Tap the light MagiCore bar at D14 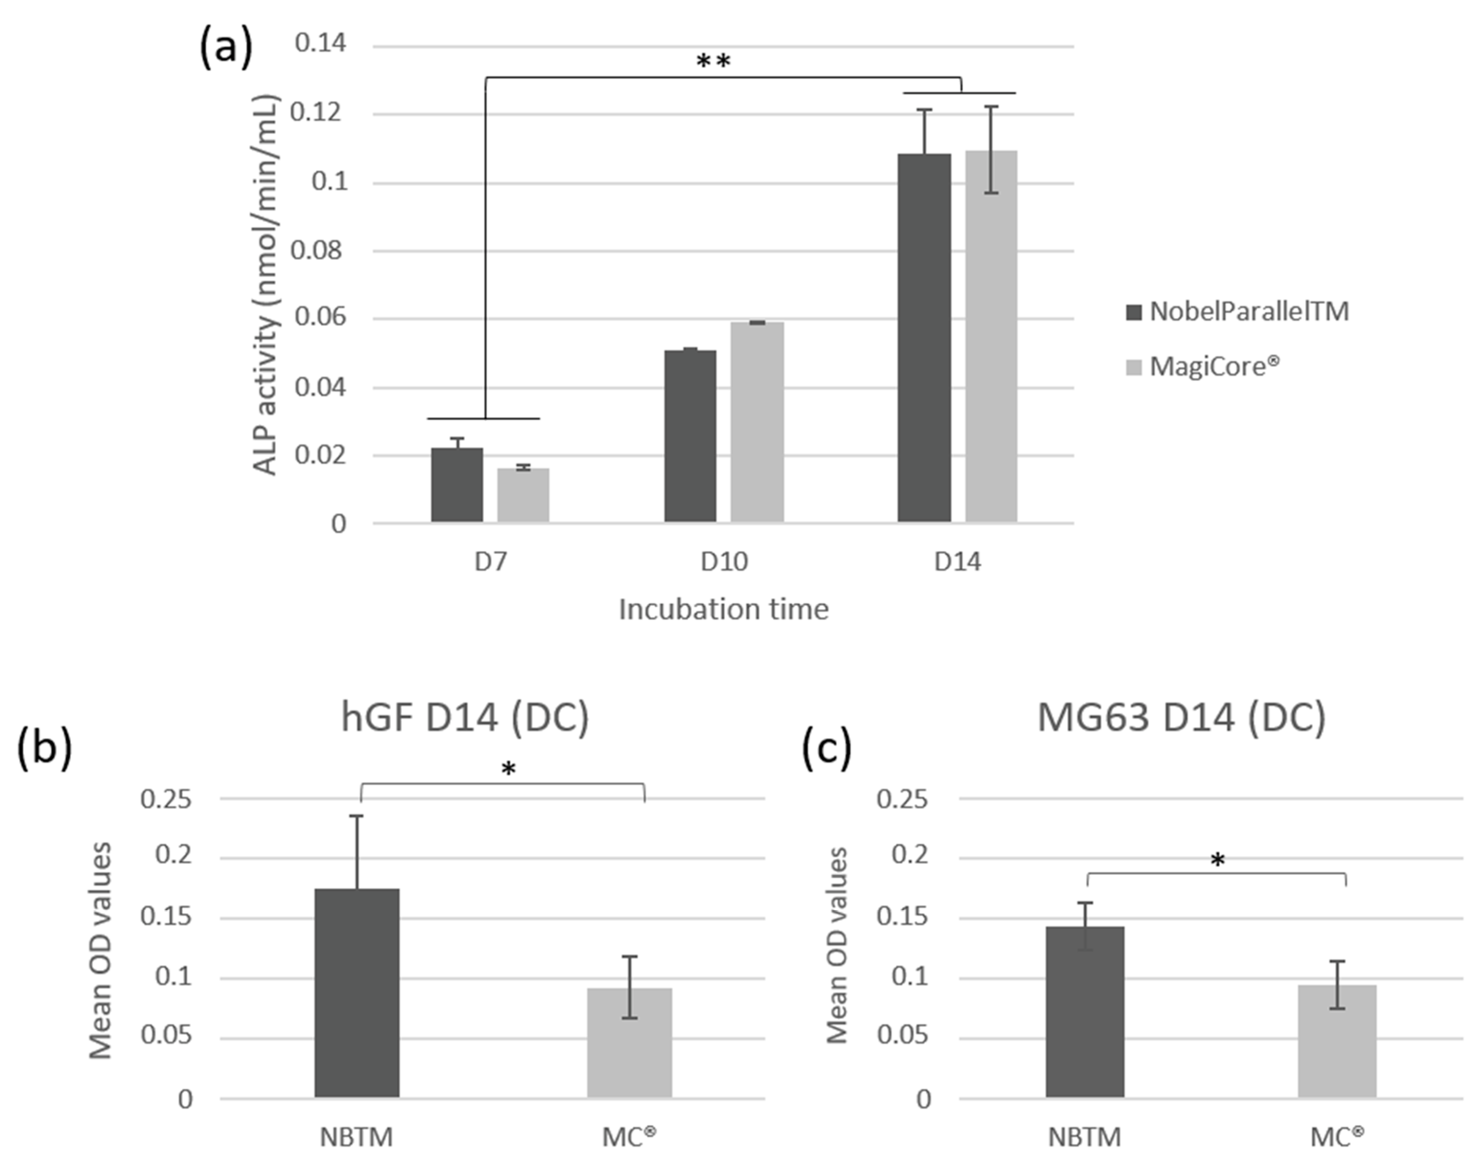991,336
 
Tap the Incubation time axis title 723,609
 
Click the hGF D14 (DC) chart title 465,718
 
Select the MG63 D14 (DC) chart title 1181,718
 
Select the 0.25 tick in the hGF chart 165,799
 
